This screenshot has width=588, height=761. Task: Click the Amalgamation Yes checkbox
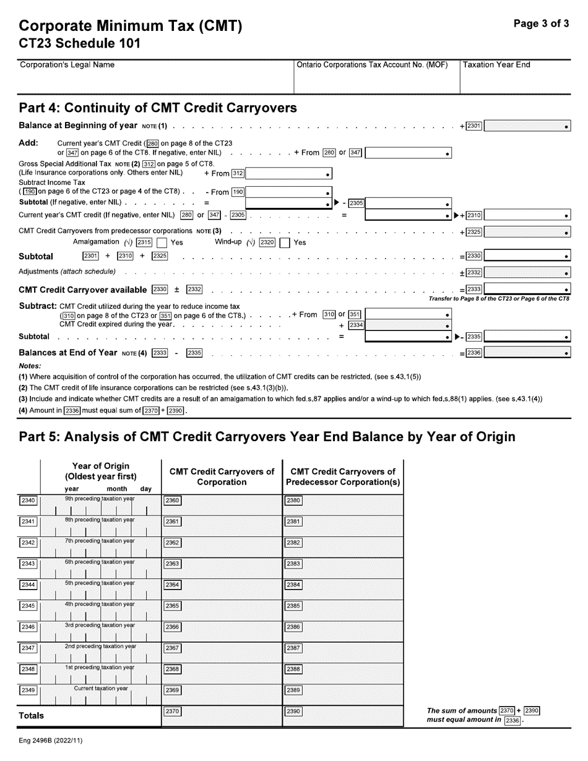point(162,243)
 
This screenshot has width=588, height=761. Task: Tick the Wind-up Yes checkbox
point(285,243)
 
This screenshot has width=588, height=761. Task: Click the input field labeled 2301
point(527,126)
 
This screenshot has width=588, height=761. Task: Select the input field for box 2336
point(527,353)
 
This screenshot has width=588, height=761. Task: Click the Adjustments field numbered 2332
point(527,272)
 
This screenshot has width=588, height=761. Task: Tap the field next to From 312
point(289,174)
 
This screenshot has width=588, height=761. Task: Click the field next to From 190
point(289,192)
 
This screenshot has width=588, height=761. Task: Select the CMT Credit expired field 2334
point(408,325)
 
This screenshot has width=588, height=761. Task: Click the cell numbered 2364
point(222,589)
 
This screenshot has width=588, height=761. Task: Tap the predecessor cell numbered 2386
point(343,631)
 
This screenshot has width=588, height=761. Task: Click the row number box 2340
point(28,501)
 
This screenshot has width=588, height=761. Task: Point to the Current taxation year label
point(101,688)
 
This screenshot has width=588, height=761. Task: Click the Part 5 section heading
point(267,437)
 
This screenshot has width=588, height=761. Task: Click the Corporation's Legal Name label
point(67,65)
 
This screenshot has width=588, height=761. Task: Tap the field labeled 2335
point(527,337)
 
